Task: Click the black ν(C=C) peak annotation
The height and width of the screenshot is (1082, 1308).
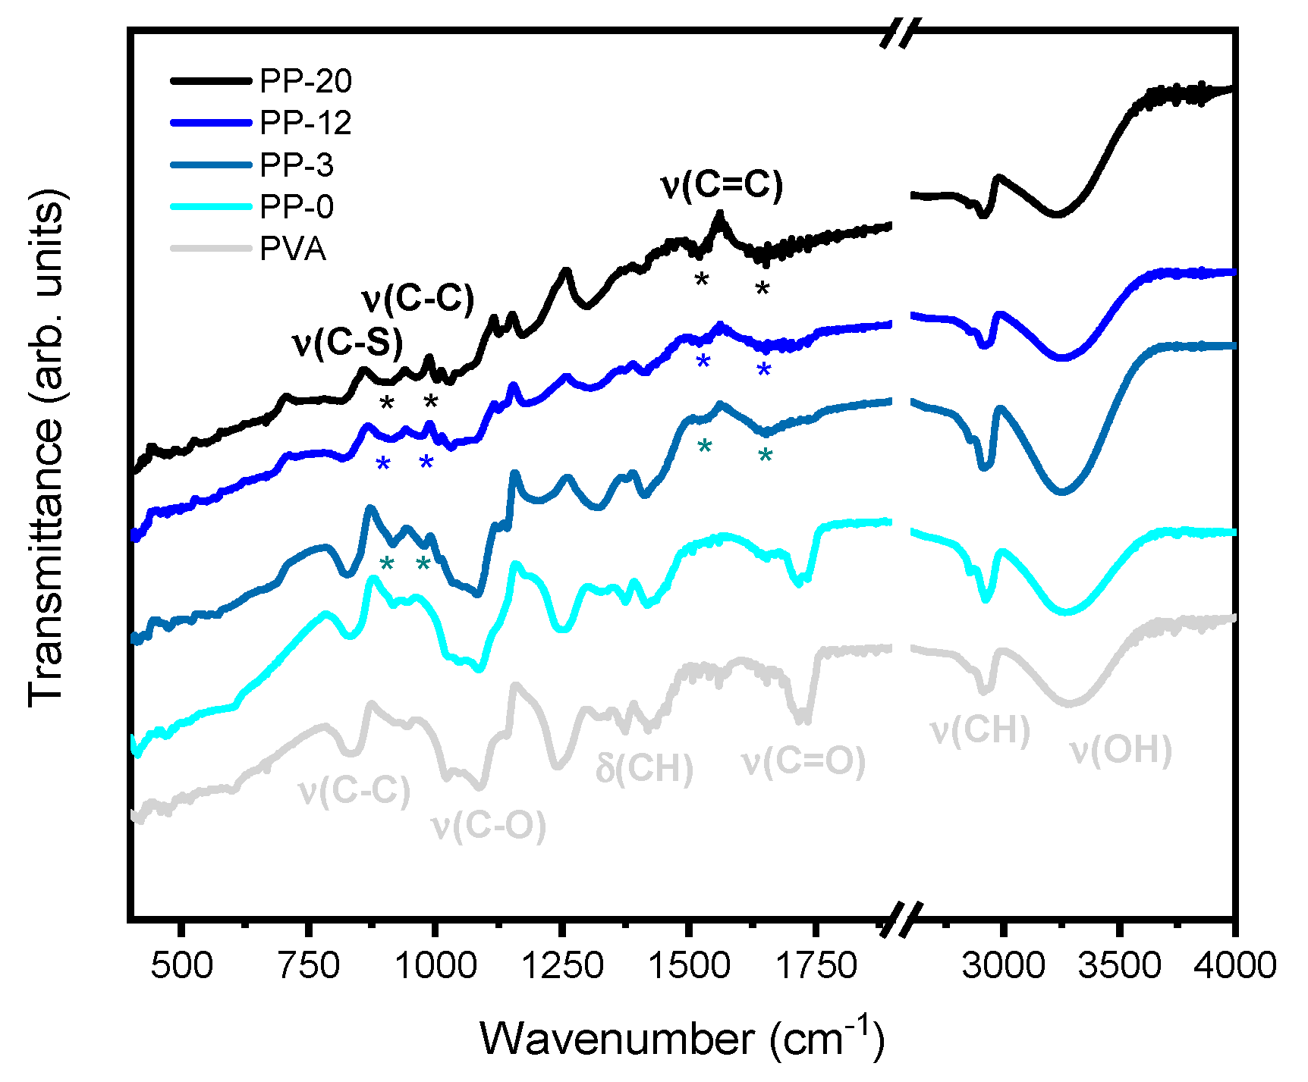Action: pos(722,184)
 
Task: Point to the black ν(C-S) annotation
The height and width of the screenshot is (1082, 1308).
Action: pos(347,343)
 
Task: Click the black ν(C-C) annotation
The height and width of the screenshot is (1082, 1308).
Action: pos(417,300)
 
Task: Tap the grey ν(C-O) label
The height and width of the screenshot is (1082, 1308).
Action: pos(488,825)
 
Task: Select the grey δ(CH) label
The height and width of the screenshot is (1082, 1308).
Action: pos(644,768)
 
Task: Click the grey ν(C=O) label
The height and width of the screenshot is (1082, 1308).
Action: pos(803,761)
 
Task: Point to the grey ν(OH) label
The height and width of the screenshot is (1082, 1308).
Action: pos(1121,750)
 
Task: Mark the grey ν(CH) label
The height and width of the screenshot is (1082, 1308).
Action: pos(979,730)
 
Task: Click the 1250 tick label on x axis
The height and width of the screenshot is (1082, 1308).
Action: pos(561,966)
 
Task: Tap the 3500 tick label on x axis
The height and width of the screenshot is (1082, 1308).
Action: pos(1120,966)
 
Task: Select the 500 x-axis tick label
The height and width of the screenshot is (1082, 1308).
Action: pos(181,966)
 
